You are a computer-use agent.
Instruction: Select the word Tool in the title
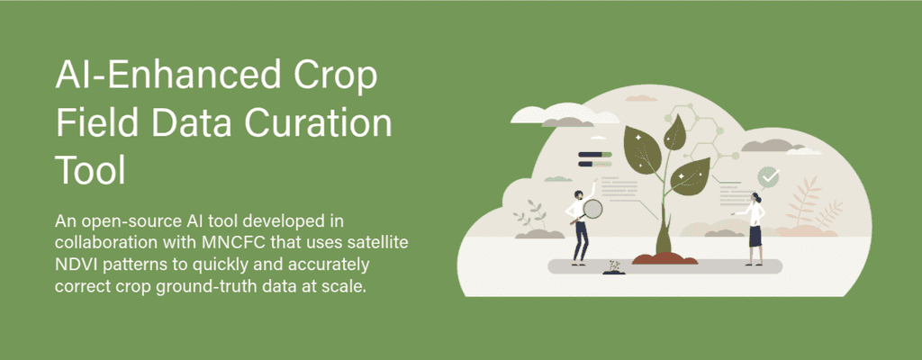[91, 169]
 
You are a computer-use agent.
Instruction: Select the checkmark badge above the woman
[768, 175]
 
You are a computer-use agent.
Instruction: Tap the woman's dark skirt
[755, 235]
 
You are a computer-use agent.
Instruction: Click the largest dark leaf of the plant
[643, 148]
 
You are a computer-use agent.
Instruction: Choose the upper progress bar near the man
[595, 155]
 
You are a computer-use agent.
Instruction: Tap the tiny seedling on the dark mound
[614, 267]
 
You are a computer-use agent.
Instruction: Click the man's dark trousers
[581, 239]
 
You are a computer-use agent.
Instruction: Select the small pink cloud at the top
[641, 97]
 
